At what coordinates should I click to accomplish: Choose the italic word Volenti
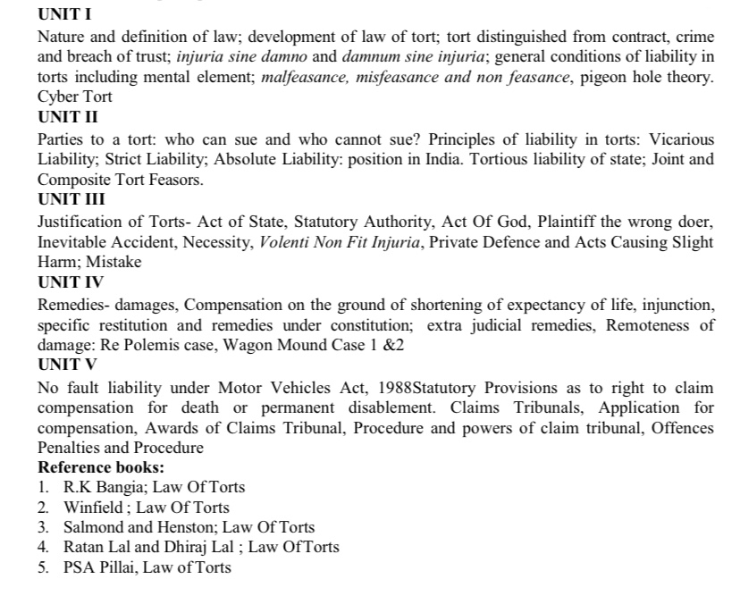286,242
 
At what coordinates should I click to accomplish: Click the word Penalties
71,448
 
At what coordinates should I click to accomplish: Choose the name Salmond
95,527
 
